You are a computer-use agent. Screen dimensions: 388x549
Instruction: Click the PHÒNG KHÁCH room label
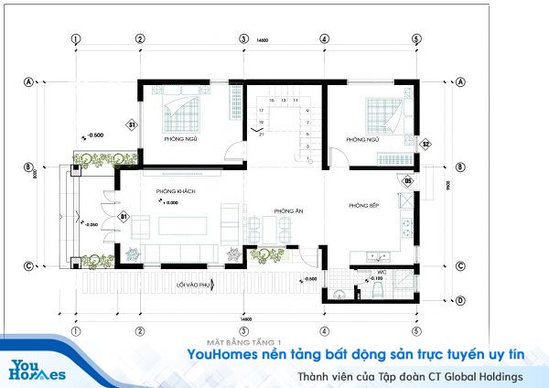point(177,191)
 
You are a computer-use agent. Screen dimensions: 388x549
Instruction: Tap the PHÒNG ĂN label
point(282,210)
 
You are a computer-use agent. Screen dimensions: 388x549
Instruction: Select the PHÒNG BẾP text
point(363,206)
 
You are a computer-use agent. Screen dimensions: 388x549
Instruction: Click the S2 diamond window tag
point(425,144)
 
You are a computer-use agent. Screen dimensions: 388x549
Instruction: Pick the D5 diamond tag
point(409,181)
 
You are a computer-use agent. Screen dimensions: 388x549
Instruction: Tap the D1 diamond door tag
point(123,216)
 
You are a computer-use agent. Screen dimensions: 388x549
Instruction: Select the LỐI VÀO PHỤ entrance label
point(195,286)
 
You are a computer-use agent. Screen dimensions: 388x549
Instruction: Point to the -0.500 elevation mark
point(94,135)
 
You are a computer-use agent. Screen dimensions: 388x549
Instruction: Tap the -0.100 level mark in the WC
point(376,278)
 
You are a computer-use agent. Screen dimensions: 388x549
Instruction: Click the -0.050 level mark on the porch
point(91,223)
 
